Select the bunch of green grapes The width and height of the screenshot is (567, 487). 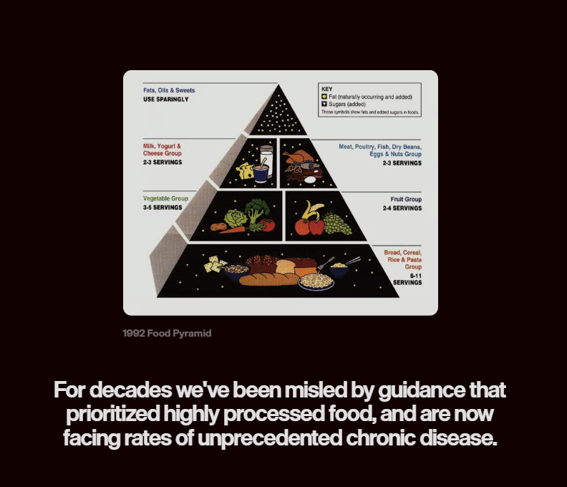[336, 223]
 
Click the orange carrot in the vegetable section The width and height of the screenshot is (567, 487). [232, 230]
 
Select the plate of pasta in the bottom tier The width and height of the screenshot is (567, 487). [316, 281]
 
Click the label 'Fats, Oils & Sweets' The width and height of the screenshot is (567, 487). [169, 91]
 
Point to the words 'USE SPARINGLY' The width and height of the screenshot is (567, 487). [166, 100]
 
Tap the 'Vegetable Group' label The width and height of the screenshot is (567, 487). [165, 198]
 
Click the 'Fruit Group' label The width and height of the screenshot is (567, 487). [406, 199]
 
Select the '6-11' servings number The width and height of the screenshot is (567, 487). [414, 275]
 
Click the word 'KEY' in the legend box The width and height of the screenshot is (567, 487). [327, 90]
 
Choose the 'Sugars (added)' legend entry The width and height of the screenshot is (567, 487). [347, 104]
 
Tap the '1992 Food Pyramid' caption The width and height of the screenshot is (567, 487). [167, 334]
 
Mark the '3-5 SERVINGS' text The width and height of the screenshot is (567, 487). [163, 208]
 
